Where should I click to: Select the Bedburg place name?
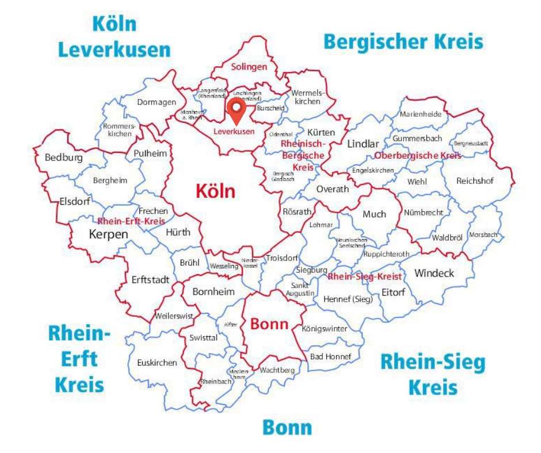(64, 158)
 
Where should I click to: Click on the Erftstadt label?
(150, 280)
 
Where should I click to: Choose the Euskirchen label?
(157, 363)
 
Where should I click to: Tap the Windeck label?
(434, 273)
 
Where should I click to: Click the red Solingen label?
(249, 67)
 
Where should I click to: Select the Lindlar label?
(363, 144)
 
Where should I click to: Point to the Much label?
(374, 214)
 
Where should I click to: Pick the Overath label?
(333, 189)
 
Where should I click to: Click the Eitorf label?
(393, 292)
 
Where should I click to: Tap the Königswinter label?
(325, 329)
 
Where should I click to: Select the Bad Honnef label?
(330, 356)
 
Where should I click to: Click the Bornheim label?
(214, 292)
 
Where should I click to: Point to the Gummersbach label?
(417, 139)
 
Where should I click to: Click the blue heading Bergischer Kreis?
(403, 42)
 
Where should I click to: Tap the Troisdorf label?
(281, 259)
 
